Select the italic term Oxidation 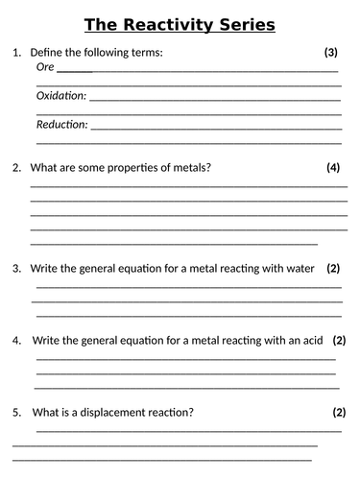point(60,95)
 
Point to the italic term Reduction point(61,124)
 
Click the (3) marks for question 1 point(331,52)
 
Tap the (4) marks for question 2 point(333,167)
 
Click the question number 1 point(16,52)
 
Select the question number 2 point(16,167)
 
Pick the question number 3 point(16,268)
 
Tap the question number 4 point(16,340)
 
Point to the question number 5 point(16,413)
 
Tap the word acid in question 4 point(307,340)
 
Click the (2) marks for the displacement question point(338,413)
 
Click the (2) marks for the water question point(333,268)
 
